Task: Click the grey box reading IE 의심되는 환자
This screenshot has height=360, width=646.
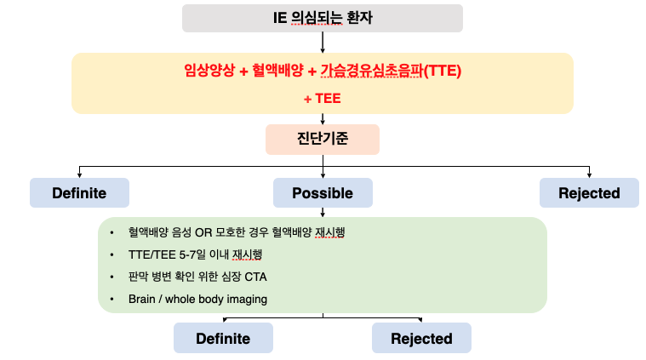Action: [323, 18]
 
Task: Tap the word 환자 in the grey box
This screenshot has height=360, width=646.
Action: [359, 18]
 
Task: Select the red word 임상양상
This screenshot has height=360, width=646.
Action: [209, 71]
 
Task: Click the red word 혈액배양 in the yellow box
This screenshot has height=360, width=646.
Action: [277, 71]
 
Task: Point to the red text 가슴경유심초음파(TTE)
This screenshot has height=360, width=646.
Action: [391, 71]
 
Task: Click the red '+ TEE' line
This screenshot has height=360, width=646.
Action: [323, 99]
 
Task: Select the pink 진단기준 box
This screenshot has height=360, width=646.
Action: [323, 140]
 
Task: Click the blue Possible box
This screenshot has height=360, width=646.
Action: [323, 193]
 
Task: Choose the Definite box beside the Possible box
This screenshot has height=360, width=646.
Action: [79, 193]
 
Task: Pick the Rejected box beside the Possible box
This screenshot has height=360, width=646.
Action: [589, 193]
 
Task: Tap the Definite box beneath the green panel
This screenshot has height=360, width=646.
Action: [223, 338]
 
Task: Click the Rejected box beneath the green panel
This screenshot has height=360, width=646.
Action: [421, 338]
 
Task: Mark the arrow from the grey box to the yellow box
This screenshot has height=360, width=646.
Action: [323, 43]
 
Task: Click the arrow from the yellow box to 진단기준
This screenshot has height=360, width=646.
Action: [323, 119]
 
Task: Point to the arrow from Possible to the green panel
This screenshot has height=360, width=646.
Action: [323, 212]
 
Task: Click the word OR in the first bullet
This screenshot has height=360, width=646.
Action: [203, 232]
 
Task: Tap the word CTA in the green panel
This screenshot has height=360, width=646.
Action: [256, 277]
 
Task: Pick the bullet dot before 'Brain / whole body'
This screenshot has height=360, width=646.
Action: [111, 299]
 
